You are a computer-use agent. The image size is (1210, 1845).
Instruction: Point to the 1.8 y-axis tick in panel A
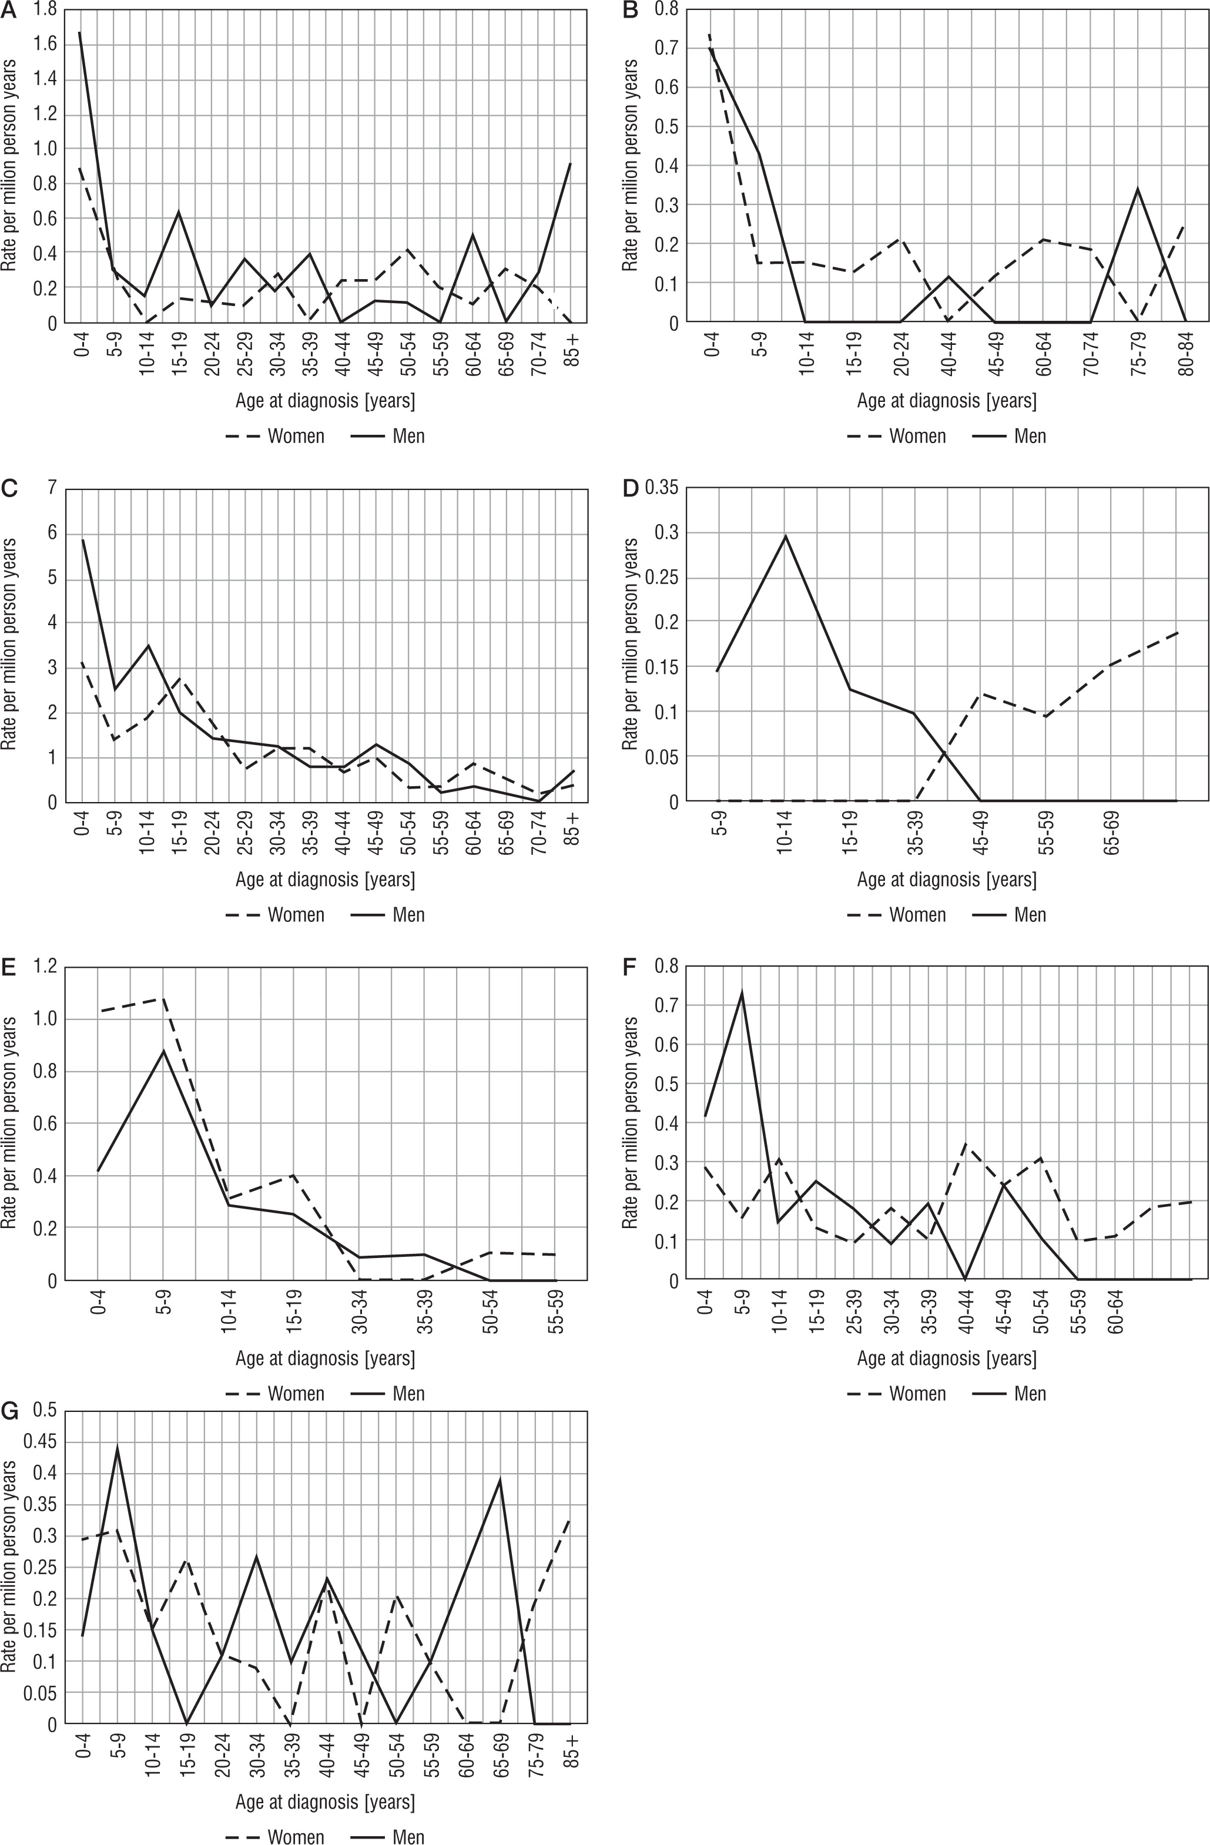[x=46, y=9]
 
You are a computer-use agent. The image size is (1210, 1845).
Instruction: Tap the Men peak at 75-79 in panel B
[x=1137, y=189]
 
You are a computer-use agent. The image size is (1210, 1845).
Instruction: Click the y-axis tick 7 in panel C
[x=52, y=488]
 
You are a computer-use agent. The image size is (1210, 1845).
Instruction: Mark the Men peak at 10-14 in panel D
[x=785, y=536]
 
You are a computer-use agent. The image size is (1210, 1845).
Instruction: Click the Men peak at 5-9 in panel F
[x=742, y=993]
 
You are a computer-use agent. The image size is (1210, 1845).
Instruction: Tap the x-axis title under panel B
[x=947, y=401]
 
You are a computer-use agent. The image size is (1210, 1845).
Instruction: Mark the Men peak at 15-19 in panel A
[x=178, y=212]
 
